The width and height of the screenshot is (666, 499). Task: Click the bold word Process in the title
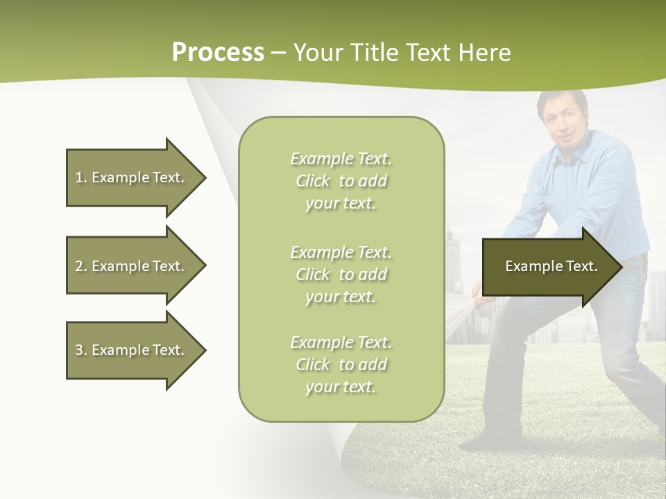tap(218, 53)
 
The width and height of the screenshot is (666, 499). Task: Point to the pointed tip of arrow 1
tap(204, 177)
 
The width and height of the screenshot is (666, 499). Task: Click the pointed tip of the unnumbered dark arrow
tap(621, 267)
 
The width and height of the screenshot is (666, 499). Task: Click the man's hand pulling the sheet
tap(479, 294)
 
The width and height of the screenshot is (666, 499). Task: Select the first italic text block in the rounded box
tap(341, 181)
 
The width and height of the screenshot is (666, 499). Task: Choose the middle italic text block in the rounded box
tap(341, 274)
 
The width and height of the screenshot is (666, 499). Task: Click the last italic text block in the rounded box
tap(341, 365)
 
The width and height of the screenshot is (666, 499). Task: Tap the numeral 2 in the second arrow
tap(78, 266)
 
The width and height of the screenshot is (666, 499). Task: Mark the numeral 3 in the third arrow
tap(78, 350)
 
